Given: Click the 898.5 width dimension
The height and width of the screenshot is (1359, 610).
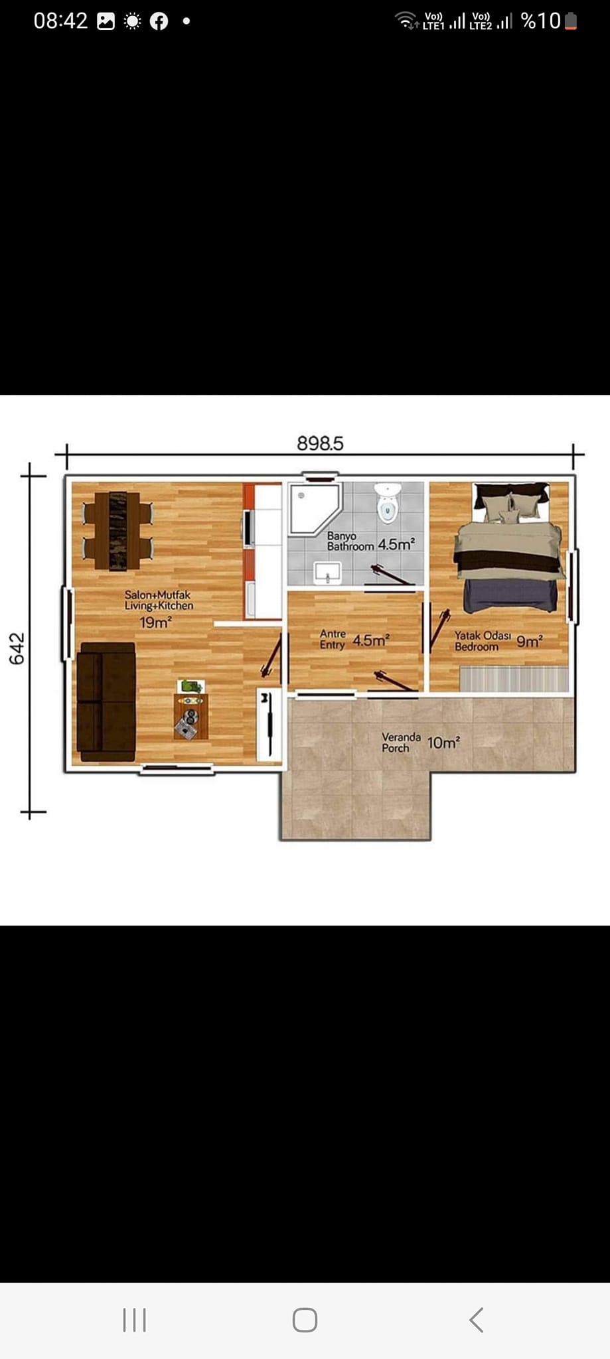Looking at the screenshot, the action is click(320, 443).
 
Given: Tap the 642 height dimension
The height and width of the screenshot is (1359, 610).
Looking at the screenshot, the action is click(17, 648).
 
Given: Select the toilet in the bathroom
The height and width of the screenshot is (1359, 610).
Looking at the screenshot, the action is click(388, 502).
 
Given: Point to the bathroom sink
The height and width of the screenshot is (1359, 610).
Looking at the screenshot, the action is click(327, 572).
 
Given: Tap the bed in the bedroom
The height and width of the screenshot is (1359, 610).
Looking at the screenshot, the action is click(508, 547).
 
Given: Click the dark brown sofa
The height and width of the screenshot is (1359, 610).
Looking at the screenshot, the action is click(107, 701).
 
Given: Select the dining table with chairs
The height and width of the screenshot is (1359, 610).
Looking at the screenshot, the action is click(118, 531).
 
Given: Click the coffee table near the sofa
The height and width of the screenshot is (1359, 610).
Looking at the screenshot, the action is click(191, 716).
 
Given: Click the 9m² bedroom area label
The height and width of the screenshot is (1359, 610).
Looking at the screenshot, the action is click(530, 641).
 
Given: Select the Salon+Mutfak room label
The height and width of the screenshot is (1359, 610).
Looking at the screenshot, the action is click(158, 595).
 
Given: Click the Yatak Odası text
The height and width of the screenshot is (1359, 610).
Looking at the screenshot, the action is click(483, 635).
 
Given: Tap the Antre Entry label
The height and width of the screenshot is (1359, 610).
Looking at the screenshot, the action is click(333, 639).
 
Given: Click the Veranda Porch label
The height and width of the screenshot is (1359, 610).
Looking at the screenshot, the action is click(401, 743).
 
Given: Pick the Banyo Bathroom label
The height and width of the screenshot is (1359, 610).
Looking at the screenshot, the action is click(350, 541).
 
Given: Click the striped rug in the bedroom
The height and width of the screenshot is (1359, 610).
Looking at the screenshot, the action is click(514, 679).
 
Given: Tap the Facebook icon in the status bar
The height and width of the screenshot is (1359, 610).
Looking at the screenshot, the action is click(159, 21).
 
